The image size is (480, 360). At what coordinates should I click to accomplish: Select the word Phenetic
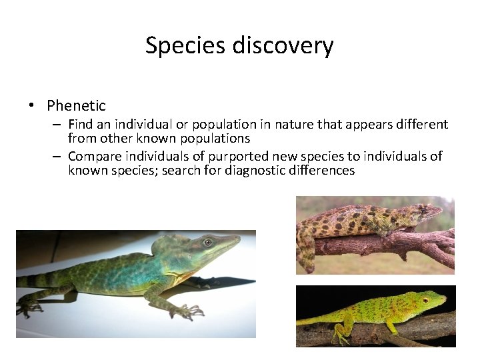[76, 105]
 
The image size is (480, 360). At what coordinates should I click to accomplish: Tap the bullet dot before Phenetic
[31, 105]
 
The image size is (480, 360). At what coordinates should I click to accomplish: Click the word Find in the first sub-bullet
[80, 125]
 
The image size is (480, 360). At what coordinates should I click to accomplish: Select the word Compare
[94, 157]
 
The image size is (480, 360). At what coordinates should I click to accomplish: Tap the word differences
[322, 170]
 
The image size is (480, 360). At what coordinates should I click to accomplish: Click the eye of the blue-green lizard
[207, 242]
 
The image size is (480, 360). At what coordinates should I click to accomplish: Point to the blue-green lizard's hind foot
[30, 308]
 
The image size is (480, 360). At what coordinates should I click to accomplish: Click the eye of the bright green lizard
[425, 300]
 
